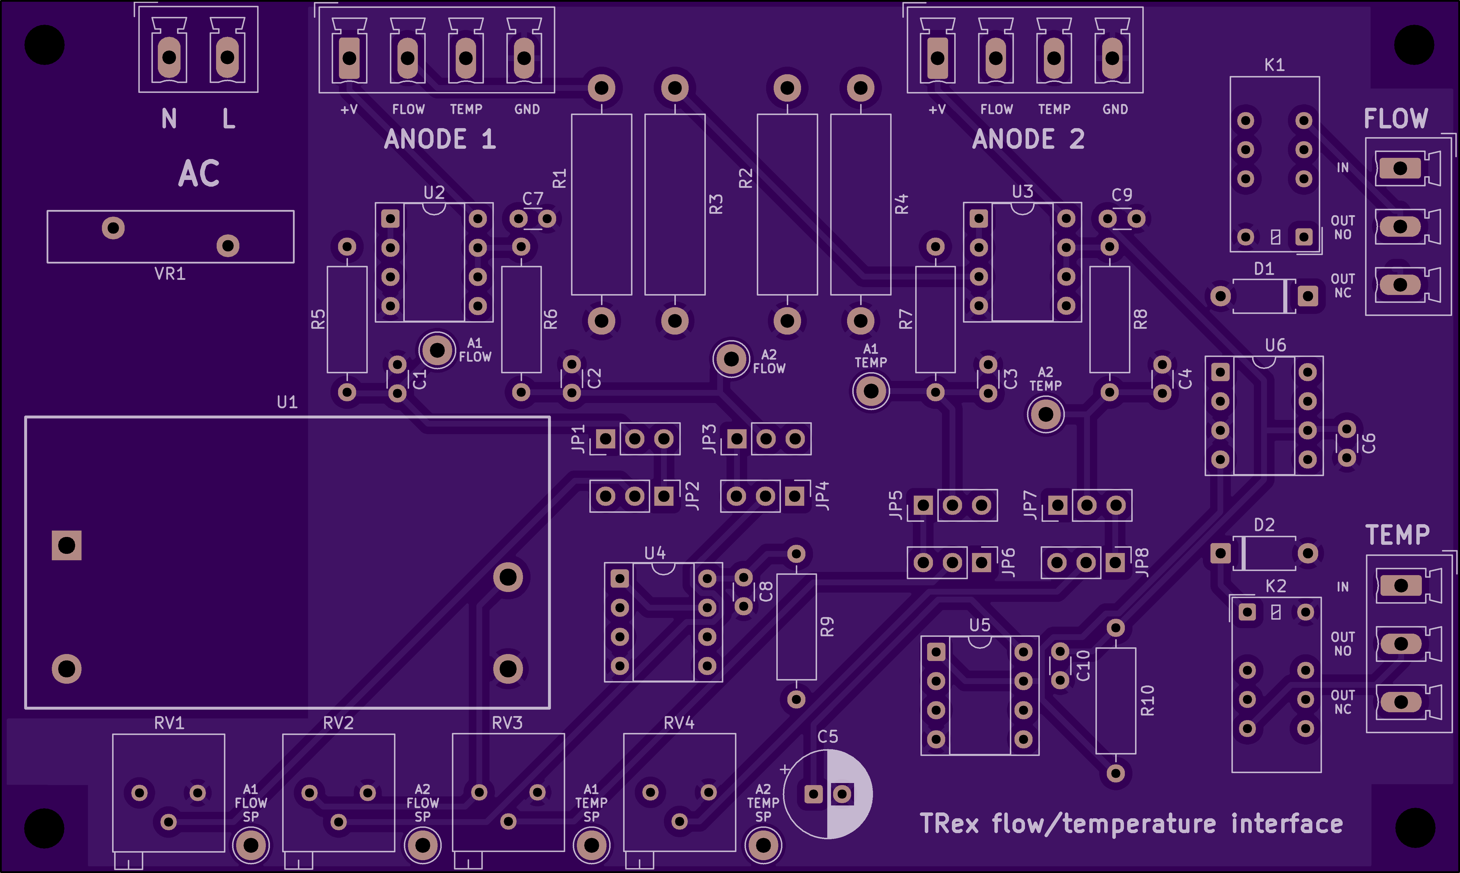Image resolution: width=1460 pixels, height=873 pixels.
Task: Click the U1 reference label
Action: (x=287, y=402)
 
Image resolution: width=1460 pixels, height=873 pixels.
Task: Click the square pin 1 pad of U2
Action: (x=390, y=219)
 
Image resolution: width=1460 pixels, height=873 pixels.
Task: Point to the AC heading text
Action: (x=199, y=174)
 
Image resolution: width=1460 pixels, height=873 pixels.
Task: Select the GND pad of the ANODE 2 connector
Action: (x=1112, y=58)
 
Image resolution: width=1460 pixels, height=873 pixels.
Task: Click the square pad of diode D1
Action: (x=1308, y=296)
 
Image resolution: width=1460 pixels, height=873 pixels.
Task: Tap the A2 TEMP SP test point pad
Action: (x=763, y=845)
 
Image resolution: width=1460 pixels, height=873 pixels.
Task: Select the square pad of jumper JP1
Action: (x=605, y=439)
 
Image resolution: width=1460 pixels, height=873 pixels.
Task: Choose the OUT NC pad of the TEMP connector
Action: (x=1401, y=702)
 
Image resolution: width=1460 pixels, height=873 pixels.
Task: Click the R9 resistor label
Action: (x=827, y=627)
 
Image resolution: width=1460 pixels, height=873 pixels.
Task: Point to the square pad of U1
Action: (x=66, y=545)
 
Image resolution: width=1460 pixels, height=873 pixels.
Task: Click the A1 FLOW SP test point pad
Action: (x=251, y=845)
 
